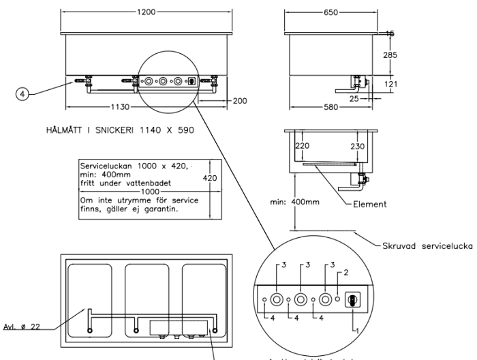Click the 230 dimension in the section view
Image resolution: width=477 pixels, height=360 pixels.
click(x=356, y=145)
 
